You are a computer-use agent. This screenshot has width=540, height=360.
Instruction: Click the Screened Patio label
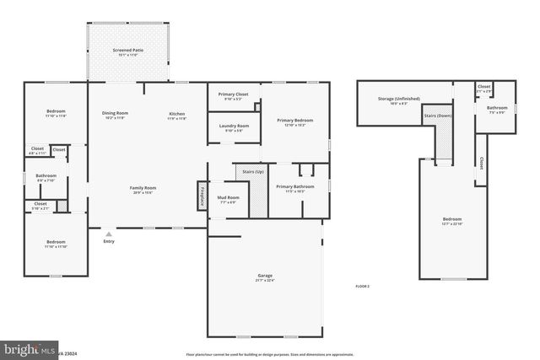[x=128, y=51]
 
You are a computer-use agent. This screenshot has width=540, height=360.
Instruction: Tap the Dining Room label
[x=115, y=113]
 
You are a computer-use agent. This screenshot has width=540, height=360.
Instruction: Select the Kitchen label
[x=176, y=113]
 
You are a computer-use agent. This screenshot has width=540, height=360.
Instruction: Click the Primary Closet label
[x=228, y=94]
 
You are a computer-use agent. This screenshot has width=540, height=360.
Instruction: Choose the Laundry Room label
[x=233, y=126]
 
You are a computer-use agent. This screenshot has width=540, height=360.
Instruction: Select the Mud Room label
[x=228, y=199]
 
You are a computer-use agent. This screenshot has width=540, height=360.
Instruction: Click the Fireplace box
[x=202, y=196]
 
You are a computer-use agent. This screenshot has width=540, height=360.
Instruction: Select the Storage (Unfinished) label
[x=392, y=99]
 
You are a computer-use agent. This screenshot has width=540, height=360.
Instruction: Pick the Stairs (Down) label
[x=438, y=115]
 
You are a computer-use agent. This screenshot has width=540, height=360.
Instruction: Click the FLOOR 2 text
[x=362, y=287]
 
